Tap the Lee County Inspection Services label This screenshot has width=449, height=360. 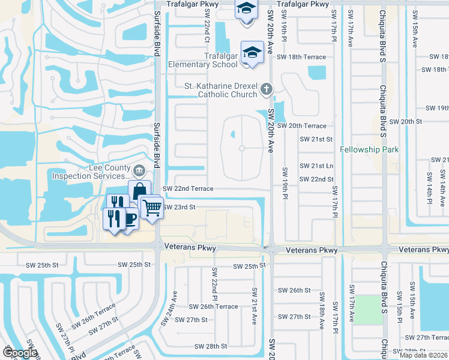[91, 172]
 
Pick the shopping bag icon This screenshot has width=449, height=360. [139, 191]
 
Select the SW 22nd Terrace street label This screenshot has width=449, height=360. [188, 188]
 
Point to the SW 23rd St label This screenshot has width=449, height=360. [179, 207]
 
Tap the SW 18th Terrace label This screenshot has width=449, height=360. [301, 57]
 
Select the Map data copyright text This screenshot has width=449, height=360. [424, 355]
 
